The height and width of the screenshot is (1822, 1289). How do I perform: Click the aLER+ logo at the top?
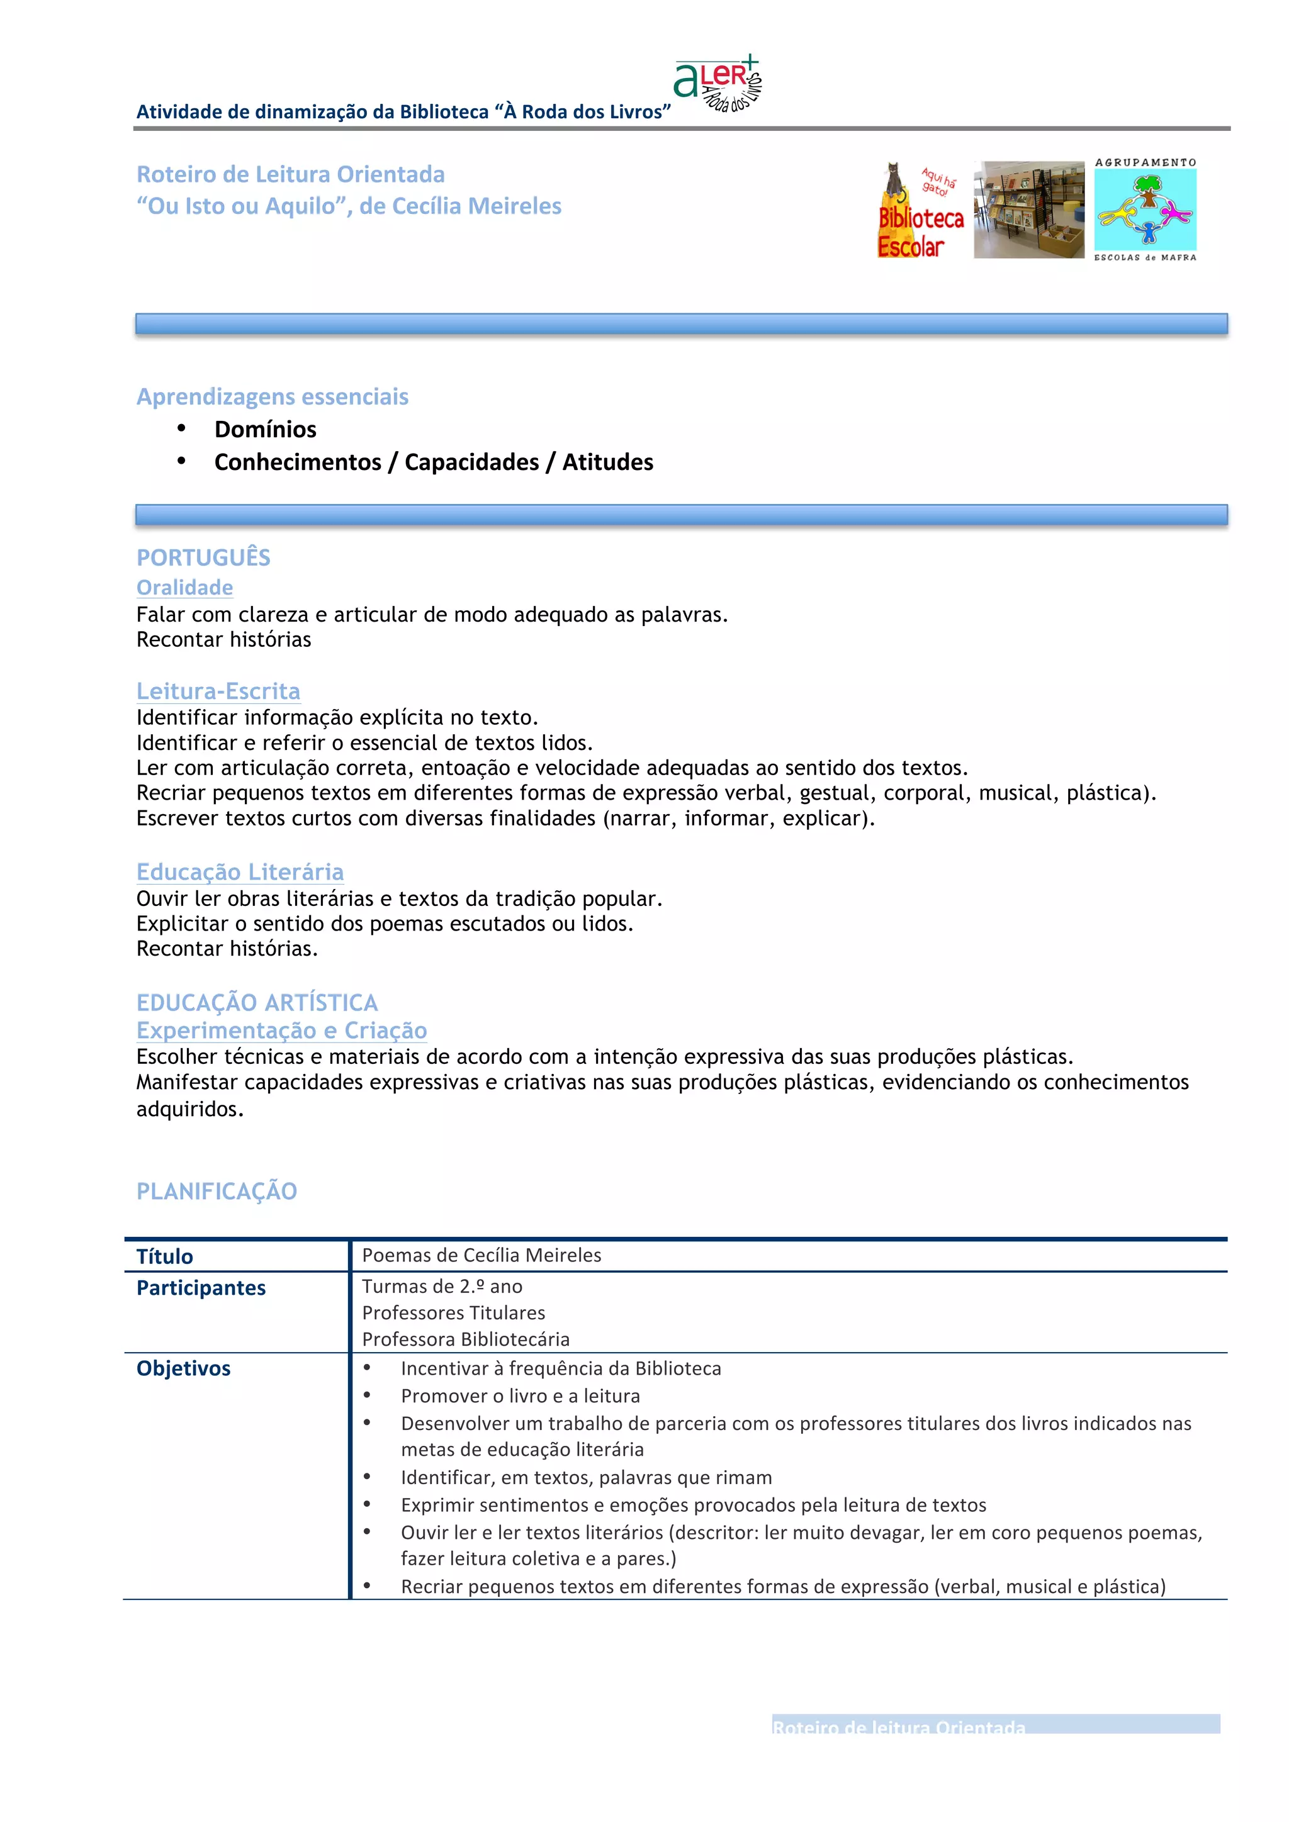(x=717, y=83)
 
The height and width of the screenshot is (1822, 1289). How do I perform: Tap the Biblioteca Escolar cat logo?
(x=920, y=211)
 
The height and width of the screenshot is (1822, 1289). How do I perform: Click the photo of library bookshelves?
(x=1028, y=210)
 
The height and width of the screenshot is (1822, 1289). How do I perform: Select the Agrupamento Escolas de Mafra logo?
(x=1145, y=210)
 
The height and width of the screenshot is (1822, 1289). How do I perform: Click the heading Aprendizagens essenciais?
(x=273, y=397)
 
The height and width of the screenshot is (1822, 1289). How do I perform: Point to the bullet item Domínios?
(x=265, y=429)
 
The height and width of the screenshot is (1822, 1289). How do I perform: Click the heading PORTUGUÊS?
(x=203, y=558)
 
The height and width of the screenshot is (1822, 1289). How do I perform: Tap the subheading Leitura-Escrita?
(x=218, y=691)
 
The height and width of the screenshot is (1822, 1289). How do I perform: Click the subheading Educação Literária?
(x=240, y=872)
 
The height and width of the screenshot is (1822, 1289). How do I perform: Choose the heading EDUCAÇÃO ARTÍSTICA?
(x=257, y=1003)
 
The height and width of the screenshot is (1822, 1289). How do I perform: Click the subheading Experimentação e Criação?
(x=282, y=1030)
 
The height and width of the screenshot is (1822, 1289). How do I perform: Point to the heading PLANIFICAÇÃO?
(x=217, y=1191)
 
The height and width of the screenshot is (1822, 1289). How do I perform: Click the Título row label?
(x=165, y=1257)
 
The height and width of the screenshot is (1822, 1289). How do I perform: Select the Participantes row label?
(x=201, y=1288)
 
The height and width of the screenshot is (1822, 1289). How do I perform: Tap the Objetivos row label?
(x=183, y=1368)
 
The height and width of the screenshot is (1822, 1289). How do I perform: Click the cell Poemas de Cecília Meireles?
(x=481, y=1255)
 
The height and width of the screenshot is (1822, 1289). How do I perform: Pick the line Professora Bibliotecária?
(x=466, y=1339)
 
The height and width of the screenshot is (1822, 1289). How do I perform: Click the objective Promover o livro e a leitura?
(x=520, y=1396)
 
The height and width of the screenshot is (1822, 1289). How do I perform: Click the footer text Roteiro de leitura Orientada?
(x=899, y=1728)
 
